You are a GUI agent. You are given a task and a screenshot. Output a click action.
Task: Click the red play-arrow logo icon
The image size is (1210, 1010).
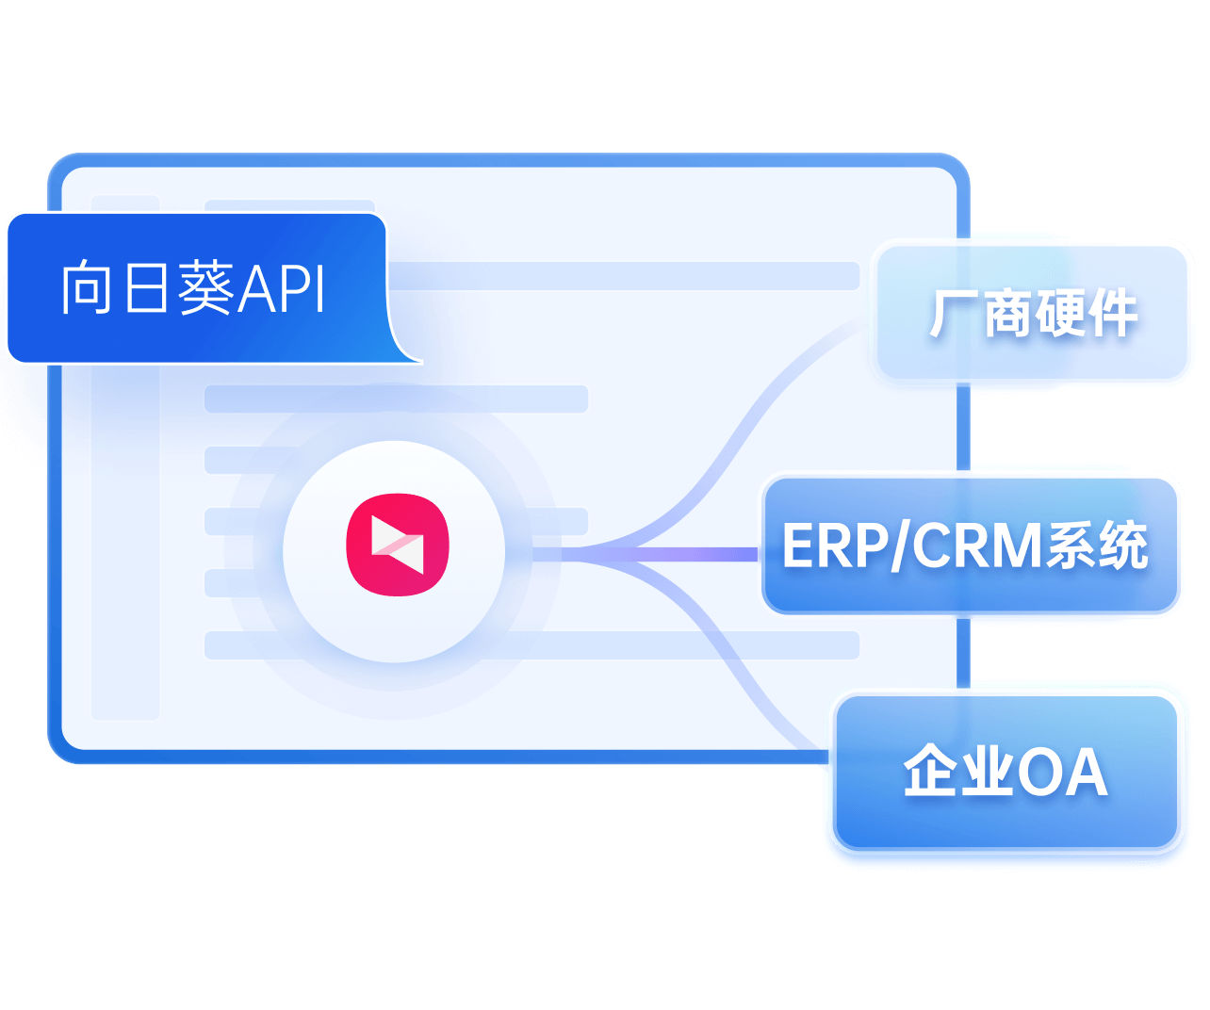tap(398, 545)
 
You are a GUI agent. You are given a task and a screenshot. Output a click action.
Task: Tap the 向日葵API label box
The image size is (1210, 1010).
tap(198, 288)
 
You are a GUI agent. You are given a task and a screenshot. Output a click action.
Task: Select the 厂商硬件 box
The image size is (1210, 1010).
tap(1032, 313)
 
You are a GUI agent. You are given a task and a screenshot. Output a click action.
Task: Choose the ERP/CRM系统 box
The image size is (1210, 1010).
tap(969, 546)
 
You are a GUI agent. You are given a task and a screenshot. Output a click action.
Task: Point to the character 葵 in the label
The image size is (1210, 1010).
tap(206, 288)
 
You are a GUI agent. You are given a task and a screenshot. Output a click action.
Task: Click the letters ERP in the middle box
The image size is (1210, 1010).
tap(834, 546)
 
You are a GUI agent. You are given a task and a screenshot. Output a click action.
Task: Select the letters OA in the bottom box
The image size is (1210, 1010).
tap(1062, 774)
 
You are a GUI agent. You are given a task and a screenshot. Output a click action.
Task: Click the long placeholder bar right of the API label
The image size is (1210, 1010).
tap(622, 276)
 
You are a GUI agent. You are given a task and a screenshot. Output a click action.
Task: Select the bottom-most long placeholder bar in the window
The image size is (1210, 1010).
tap(660, 645)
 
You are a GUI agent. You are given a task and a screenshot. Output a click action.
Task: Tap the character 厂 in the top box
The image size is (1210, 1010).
tap(954, 313)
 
